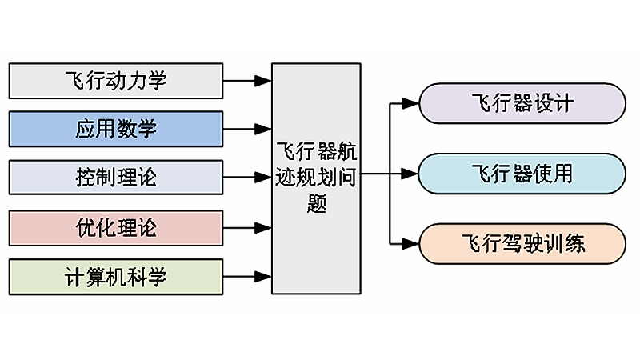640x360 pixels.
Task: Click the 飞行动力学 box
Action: tap(116, 81)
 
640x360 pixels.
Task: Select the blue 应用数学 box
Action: tap(116, 129)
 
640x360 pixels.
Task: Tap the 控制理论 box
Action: tap(116, 177)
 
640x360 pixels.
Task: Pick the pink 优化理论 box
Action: tap(116, 228)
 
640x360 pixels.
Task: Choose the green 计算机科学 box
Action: tap(116, 277)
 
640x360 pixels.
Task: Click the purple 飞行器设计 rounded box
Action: tap(522, 103)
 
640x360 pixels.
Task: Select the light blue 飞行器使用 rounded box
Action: tap(522, 174)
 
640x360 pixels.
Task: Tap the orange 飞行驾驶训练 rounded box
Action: tap(522, 244)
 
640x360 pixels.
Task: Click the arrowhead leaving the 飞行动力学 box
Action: tap(263, 81)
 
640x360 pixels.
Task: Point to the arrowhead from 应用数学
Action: tap(263, 129)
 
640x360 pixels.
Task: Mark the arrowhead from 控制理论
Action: tap(263, 177)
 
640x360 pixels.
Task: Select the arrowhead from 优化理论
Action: tap(263, 228)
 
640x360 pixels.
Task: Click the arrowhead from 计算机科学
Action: tap(263, 277)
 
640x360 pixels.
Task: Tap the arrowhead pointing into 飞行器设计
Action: tap(410, 103)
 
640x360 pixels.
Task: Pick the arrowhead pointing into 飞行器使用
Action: tap(410, 174)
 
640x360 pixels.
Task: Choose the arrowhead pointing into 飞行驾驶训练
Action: tap(410, 244)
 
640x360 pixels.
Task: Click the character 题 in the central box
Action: tap(317, 203)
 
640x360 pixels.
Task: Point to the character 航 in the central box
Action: tap(347, 151)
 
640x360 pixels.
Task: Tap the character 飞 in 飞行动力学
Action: tap(75, 81)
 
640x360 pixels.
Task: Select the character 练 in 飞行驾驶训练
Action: tap(574, 244)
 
